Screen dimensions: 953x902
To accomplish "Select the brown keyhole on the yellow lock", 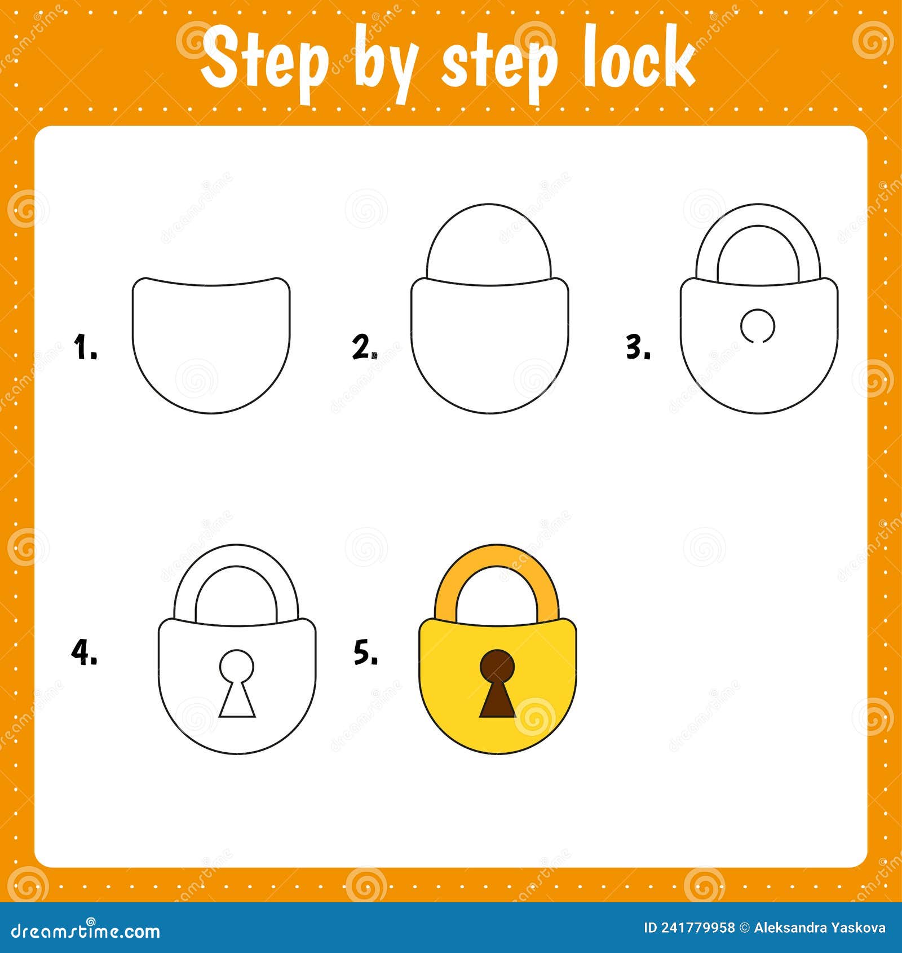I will (x=497, y=682).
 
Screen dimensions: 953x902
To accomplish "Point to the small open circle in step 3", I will (x=758, y=325).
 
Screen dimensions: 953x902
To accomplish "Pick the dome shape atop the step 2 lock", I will (x=489, y=242).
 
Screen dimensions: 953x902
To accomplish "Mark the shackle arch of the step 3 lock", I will (x=708, y=248).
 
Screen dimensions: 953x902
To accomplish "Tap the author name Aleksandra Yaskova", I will (x=820, y=928).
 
